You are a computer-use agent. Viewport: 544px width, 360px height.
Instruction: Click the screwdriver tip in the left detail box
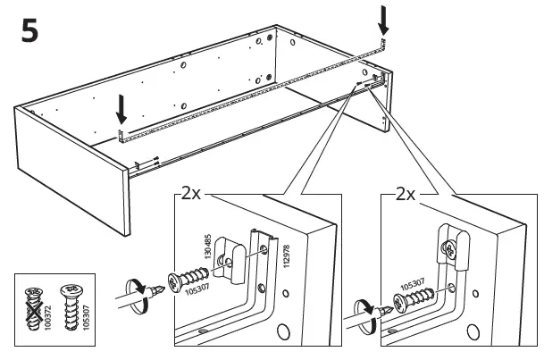click(159, 289)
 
